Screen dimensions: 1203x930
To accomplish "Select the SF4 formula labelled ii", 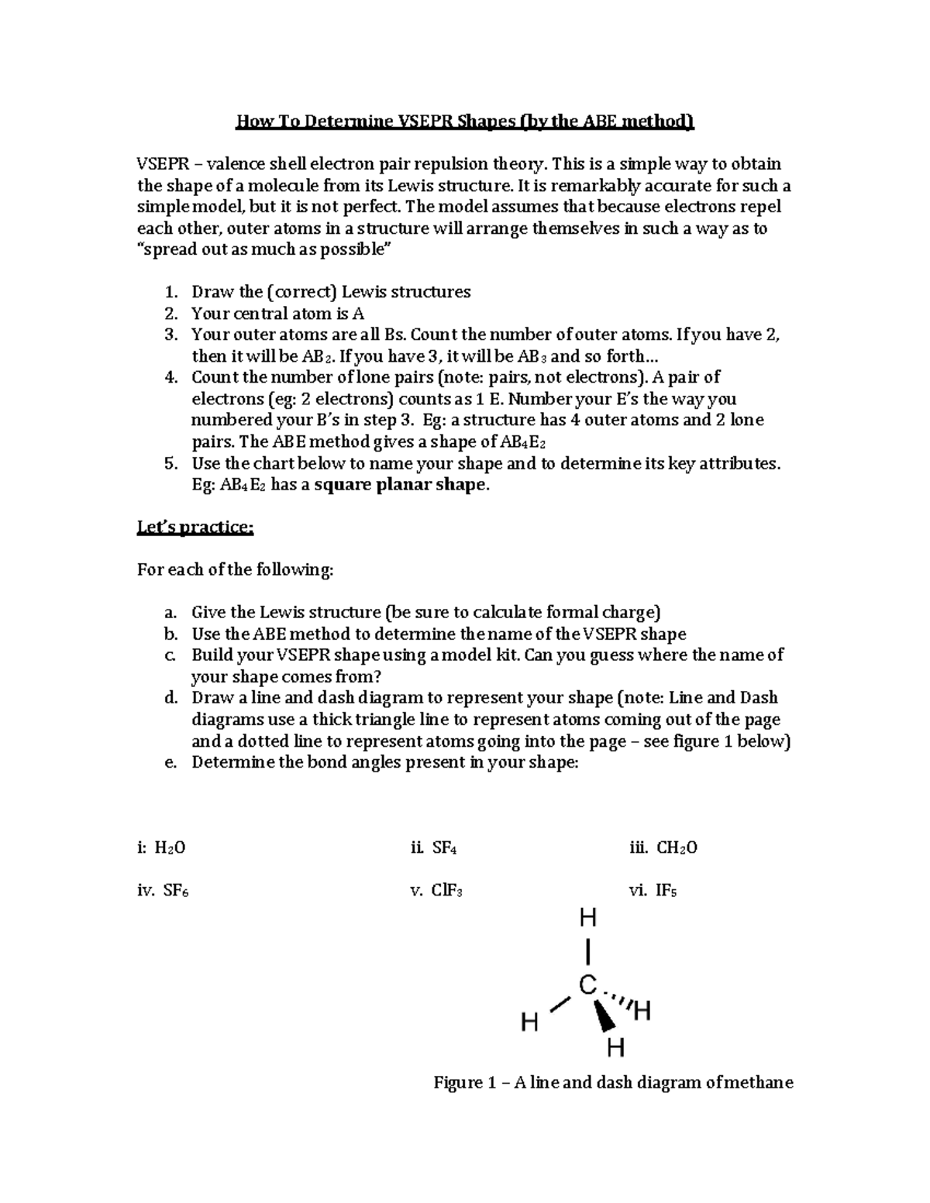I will [x=444, y=847].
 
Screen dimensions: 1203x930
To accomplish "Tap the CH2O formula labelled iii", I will [x=677, y=847].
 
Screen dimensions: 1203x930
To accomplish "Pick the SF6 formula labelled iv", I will [x=176, y=890].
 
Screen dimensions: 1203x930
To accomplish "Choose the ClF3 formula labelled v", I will [x=447, y=890].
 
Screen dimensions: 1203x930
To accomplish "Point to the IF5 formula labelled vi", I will [x=666, y=890].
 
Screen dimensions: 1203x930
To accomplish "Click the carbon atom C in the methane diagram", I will [x=588, y=985].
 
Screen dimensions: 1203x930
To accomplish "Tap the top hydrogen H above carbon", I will [x=588, y=919].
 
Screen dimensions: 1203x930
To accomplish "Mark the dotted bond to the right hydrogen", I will [x=618, y=999].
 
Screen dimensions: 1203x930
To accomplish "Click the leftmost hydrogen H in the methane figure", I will [x=529, y=1023].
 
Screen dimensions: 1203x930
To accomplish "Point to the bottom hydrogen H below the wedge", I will [x=615, y=1048].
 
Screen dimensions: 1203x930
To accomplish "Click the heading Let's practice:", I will [x=195, y=528].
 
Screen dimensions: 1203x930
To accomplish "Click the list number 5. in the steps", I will [x=171, y=463].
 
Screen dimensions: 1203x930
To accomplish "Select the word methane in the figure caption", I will [x=758, y=1082].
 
